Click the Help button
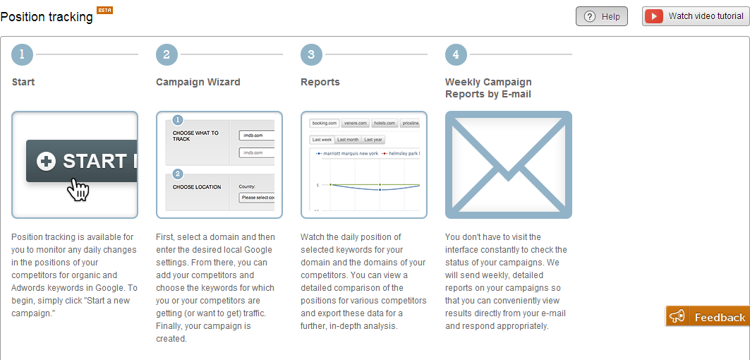point(601,16)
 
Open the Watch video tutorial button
point(695,16)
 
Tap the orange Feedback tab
point(708,317)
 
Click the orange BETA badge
point(104,10)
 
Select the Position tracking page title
point(47,16)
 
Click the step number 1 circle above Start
point(23,54)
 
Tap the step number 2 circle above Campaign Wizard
point(167,54)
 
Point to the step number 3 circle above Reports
point(311,54)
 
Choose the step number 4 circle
point(456,54)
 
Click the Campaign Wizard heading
point(198,82)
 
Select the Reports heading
point(320,82)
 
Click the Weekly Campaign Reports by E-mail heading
point(488,88)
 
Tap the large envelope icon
point(508,164)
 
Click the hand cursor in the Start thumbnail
point(78,189)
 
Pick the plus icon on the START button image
point(46,162)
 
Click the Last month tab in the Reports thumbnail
point(348,140)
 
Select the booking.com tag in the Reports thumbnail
point(325,123)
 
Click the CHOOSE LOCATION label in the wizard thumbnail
point(197,187)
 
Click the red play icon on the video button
point(654,16)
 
